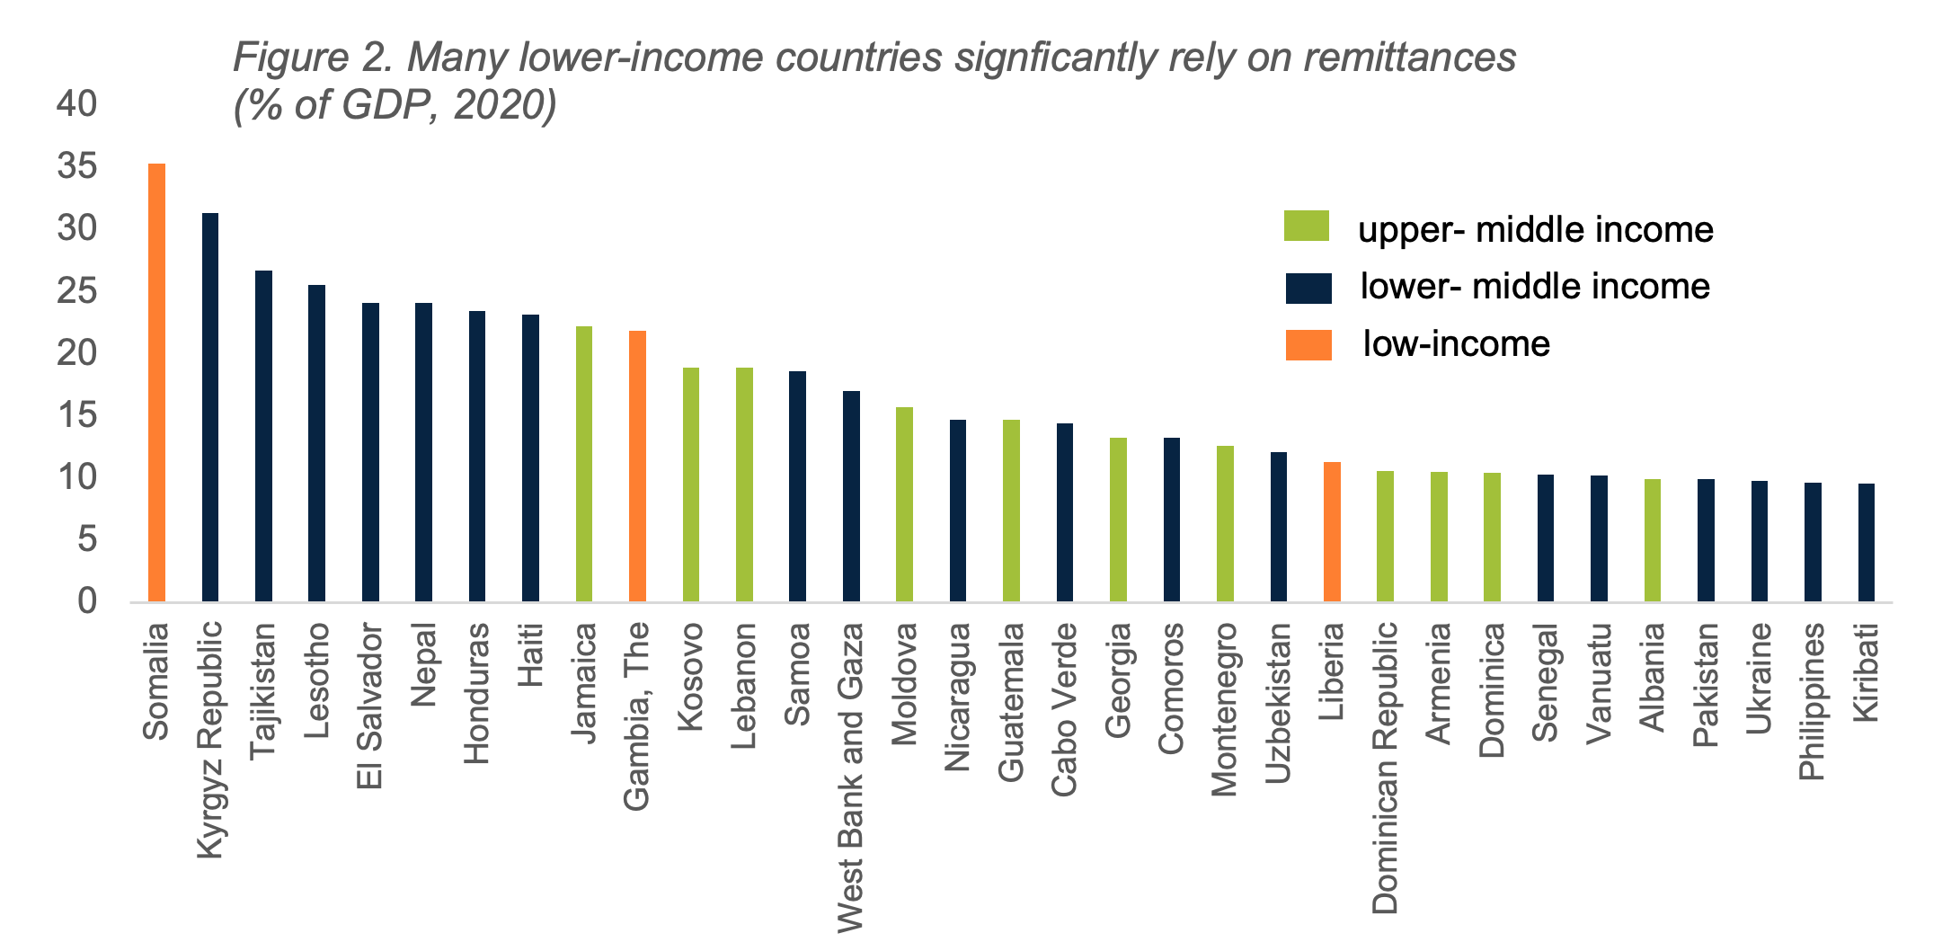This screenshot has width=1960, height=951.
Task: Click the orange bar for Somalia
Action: (x=156, y=382)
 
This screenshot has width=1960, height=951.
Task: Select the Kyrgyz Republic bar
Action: (x=209, y=406)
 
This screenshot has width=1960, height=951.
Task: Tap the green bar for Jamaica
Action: (x=583, y=463)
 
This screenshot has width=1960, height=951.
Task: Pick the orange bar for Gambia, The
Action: (x=637, y=466)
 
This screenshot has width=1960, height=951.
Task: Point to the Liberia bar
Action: (x=1332, y=531)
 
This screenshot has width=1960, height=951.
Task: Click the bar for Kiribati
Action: (x=1867, y=542)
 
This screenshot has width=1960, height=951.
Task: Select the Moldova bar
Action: (x=904, y=503)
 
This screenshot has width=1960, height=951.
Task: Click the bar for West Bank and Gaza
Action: (x=851, y=495)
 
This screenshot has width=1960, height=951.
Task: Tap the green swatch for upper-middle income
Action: (x=1306, y=227)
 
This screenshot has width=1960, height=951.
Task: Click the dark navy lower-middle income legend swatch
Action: (x=1308, y=289)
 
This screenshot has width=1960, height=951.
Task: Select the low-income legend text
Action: (x=1456, y=344)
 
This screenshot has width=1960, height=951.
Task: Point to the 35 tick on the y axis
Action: (x=76, y=166)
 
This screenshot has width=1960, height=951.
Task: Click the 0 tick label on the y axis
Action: (x=86, y=600)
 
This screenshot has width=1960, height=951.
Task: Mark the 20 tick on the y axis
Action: (x=76, y=352)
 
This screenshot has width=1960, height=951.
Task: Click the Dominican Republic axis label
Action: (x=1385, y=768)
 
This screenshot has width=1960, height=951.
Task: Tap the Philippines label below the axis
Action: (x=1813, y=701)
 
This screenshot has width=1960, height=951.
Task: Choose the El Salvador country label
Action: (x=369, y=707)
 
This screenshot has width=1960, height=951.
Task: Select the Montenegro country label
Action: (x=1224, y=710)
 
